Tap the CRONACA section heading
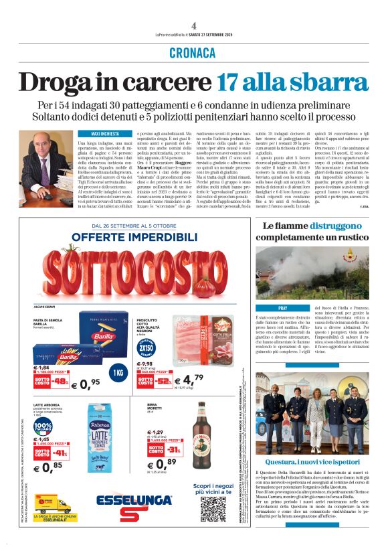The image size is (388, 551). [x=193, y=53]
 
